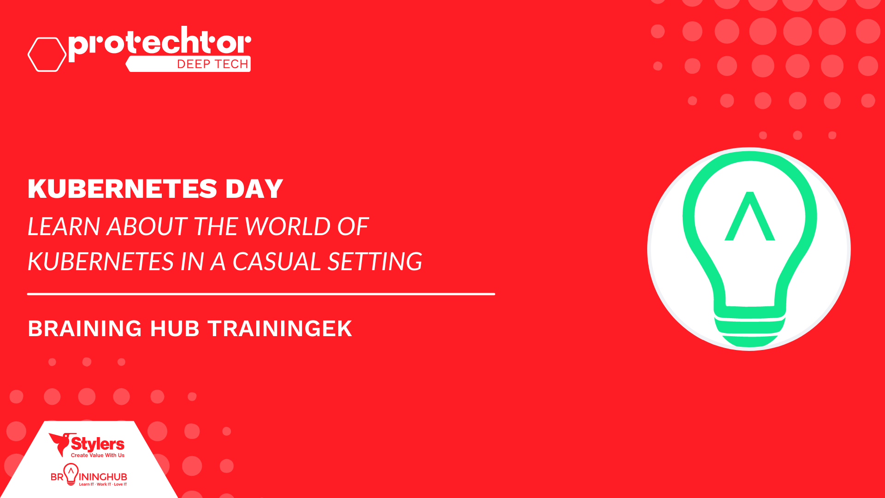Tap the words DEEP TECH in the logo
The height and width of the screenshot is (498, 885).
click(213, 64)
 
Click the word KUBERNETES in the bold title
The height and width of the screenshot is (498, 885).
click(123, 189)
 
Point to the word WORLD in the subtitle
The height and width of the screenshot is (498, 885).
click(287, 226)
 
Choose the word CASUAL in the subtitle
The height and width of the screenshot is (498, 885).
click(276, 261)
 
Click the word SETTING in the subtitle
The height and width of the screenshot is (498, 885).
click(375, 261)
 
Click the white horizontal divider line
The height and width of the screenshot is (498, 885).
click(261, 294)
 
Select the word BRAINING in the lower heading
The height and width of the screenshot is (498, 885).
click(85, 329)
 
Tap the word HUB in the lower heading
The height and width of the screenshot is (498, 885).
click(175, 329)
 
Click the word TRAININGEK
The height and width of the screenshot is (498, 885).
click(280, 329)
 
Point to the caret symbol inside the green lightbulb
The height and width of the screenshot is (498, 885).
click(750, 216)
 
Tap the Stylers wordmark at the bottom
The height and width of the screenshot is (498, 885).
click(98, 444)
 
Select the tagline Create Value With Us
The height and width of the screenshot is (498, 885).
click(98, 456)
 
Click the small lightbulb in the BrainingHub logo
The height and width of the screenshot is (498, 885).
click(71, 474)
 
